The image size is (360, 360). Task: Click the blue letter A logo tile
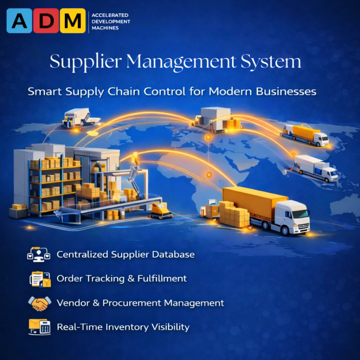coord(19,21)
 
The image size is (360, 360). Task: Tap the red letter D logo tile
coord(46,21)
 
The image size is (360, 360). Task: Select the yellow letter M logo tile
coord(73,21)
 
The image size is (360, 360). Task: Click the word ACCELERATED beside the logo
coord(110,15)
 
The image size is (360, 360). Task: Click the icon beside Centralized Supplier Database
coord(39,255)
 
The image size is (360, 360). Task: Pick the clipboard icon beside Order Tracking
coord(40,279)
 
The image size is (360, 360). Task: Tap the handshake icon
coord(40,303)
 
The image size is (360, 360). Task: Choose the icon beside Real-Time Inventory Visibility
coord(39,327)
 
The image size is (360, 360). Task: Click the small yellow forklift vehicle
coord(160,211)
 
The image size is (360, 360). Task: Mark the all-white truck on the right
coord(315,168)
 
